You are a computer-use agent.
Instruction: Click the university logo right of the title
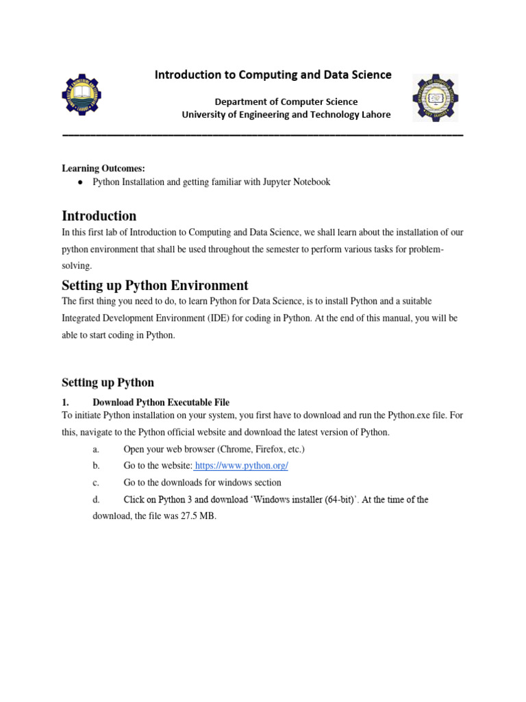point(435,97)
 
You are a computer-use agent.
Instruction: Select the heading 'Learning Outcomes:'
point(103,169)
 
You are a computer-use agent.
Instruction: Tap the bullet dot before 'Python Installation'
point(80,182)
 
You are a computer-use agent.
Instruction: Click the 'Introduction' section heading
point(99,216)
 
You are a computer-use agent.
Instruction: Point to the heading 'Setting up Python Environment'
point(155,285)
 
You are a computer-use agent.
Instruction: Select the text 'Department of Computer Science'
point(286,101)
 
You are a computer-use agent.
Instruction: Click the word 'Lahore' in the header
point(374,114)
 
